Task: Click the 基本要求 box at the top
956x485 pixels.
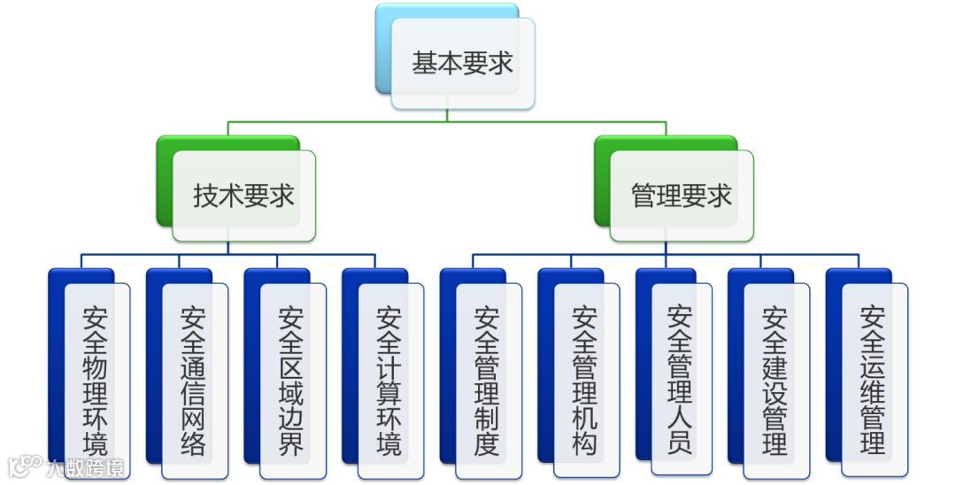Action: pos(462,64)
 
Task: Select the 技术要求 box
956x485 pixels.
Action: pos(243,196)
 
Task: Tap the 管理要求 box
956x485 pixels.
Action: pos(681,196)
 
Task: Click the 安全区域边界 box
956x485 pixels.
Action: pos(291,380)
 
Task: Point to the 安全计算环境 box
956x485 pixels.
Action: pos(389,380)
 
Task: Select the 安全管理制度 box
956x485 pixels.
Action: pos(487,380)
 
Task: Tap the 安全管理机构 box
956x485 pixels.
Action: pos(585,380)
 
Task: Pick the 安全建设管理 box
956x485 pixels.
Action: pos(775,380)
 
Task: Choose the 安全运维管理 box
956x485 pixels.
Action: pos(873,380)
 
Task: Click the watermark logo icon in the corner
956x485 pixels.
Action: pos(24,466)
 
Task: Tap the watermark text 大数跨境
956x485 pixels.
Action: pos(86,467)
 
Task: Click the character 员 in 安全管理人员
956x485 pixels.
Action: pos(680,440)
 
